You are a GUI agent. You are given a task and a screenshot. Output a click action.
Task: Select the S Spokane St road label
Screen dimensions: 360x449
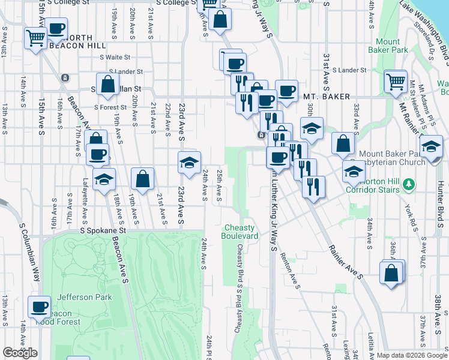pyautogui.click(x=104, y=230)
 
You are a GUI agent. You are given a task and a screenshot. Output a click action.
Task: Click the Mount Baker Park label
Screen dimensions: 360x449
pyautogui.click(x=387, y=46)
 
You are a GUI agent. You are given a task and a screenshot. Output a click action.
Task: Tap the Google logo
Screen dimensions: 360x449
pyautogui.click(x=20, y=353)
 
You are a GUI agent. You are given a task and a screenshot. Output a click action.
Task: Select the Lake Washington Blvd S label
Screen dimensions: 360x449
pyautogui.click(x=427, y=36)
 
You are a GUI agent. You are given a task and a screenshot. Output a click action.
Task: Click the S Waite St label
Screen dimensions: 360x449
pyautogui.click(x=114, y=58)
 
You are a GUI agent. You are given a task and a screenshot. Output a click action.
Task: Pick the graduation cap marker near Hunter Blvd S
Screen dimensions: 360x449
pyautogui.click(x=431, y=146)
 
